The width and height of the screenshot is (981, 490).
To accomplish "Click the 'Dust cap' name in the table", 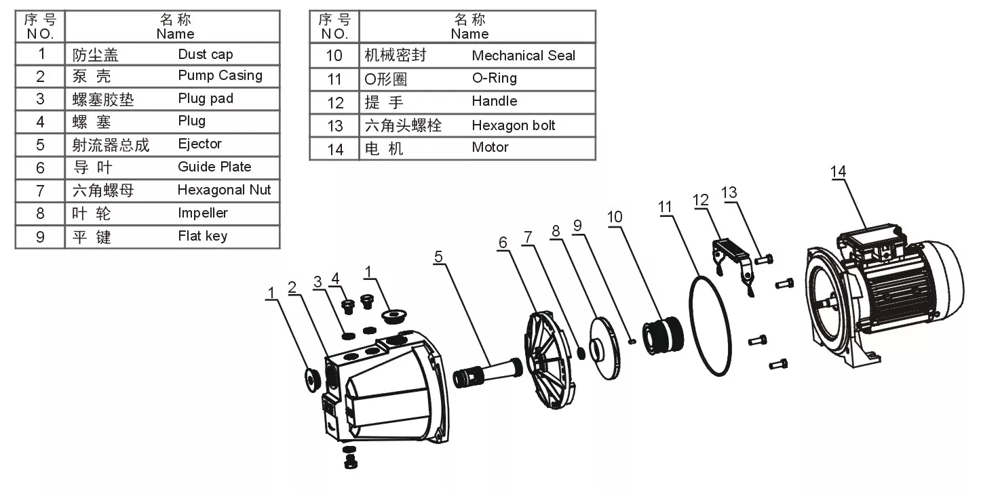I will pos(205,54).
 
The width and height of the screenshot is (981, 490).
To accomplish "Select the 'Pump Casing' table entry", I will pos(220,75).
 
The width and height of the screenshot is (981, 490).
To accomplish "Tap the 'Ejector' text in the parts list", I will pos(199,144).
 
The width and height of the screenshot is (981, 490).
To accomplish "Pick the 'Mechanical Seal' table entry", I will pos(523,56).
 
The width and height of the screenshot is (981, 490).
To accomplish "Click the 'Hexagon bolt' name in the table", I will pos(514,125).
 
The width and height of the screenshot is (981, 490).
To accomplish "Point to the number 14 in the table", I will pos(335,148).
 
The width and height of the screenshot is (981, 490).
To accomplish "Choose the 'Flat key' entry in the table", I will pos(202,236).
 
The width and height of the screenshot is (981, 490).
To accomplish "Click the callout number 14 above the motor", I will pos(839,171).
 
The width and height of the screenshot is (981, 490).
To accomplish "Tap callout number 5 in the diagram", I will pos(438,256).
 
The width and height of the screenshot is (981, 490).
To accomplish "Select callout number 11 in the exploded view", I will pos(665,206).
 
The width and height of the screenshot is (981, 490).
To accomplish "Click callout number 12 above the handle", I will pos(700,200).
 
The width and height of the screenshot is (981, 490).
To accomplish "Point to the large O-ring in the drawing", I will pos(710,325).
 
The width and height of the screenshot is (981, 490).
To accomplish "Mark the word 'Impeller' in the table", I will pos(202,213).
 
